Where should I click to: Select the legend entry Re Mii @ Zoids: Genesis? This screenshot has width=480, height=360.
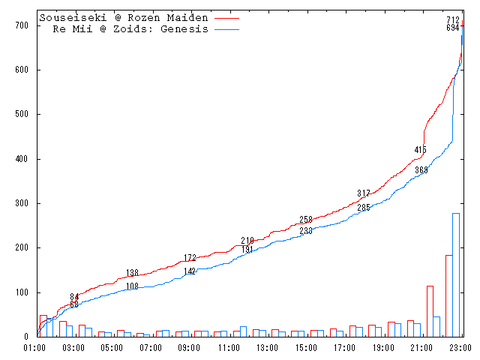pos(130,29)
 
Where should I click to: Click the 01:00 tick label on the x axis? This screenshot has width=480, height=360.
pos(35,347)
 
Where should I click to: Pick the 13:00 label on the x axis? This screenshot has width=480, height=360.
pos(266,347)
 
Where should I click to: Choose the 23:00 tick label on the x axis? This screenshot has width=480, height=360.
pos(459,347)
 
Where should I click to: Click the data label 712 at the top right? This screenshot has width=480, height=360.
pos(453,20)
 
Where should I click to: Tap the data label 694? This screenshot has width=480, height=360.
pos(453,28)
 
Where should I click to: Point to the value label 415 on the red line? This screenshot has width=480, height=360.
pos(421,150)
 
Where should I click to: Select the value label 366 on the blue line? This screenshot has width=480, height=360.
pos(421,170)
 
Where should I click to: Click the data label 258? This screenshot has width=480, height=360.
pos(306,220)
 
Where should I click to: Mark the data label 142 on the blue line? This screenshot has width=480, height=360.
pos(190,271)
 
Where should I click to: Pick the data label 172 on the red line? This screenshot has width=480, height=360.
pos(190,258)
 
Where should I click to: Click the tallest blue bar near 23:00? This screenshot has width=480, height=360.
pos(455,274)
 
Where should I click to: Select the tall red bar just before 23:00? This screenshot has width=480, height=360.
pos(448,295)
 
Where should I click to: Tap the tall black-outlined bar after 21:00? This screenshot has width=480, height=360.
pos(430,310)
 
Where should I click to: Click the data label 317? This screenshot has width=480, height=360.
pos(364,193)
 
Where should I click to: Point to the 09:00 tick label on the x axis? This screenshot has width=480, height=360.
pos(189,347)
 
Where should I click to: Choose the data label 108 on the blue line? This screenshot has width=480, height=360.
pos(132,286)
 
